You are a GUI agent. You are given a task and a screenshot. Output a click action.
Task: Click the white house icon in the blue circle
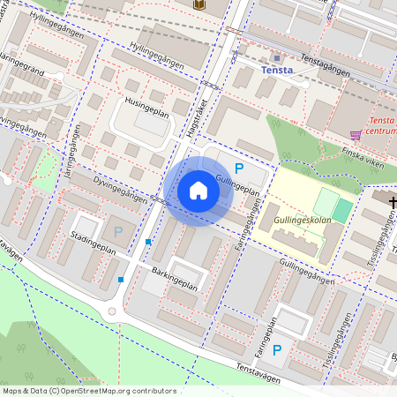(198, 191)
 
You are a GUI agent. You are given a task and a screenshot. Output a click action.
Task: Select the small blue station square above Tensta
(277, 57)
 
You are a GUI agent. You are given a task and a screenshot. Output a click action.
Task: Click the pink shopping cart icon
(356, 135)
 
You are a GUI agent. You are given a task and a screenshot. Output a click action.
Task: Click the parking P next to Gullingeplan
(238, 168)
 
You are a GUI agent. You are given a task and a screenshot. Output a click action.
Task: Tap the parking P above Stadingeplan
(118, 232)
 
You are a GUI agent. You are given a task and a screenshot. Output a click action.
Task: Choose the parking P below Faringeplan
(276, 350)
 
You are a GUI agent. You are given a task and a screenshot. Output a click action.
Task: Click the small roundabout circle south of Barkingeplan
(112, 311)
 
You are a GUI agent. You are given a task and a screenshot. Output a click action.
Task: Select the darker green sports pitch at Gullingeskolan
(342, 212)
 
